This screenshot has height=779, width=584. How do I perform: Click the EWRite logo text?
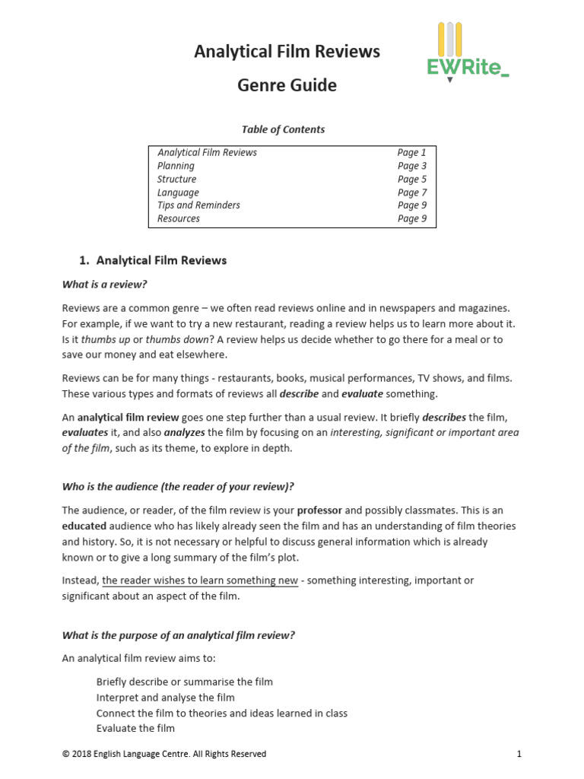click(467, 68)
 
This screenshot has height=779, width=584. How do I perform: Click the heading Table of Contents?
click(283, 129)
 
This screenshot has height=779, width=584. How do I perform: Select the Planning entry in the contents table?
click(176, 166)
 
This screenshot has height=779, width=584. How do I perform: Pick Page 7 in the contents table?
click(411, 192)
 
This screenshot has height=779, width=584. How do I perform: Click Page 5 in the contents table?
click(411, 180)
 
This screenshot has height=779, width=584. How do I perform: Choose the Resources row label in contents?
click(179, 218)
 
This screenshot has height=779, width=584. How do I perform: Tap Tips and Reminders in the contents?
click(198, 205)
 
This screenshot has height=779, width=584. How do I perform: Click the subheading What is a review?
click(104, 285)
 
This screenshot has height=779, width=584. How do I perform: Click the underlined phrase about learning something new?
click(200, 580)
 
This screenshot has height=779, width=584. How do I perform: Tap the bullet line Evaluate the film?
click(135, 728)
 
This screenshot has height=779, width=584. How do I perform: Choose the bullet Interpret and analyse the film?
click(165, 698)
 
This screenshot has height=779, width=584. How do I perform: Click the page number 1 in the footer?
click(518, 754)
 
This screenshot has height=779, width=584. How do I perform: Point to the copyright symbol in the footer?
click(65, 754)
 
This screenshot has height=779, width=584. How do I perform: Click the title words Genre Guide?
click(287, 85)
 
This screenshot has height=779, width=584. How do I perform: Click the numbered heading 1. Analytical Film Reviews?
click(153, 260)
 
